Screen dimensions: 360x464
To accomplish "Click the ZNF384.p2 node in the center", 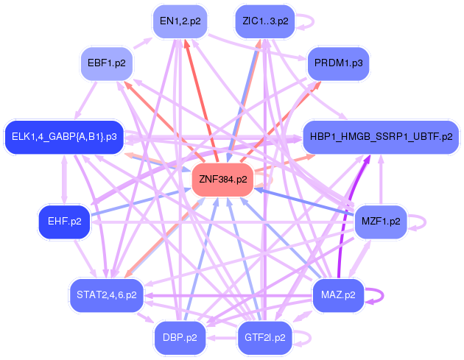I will (x=222, y=179).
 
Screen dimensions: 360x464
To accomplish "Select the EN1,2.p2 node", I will (x=180, y=21).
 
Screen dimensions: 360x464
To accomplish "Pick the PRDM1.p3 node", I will (x=337, y=63).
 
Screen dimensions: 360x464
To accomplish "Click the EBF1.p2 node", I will (x=106, y=63).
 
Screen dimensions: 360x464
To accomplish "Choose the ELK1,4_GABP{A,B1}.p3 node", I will (x=64, y=137).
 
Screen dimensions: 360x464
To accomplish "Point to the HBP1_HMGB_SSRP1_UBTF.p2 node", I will (x=381, y=137).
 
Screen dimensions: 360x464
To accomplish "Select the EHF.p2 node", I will (x=64, y=220).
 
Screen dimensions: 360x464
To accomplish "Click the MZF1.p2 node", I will (x=381, y=220).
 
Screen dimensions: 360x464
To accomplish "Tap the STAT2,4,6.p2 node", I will (x=106, y=294).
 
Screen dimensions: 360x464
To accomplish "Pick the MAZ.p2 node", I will (x=338, y=294).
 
